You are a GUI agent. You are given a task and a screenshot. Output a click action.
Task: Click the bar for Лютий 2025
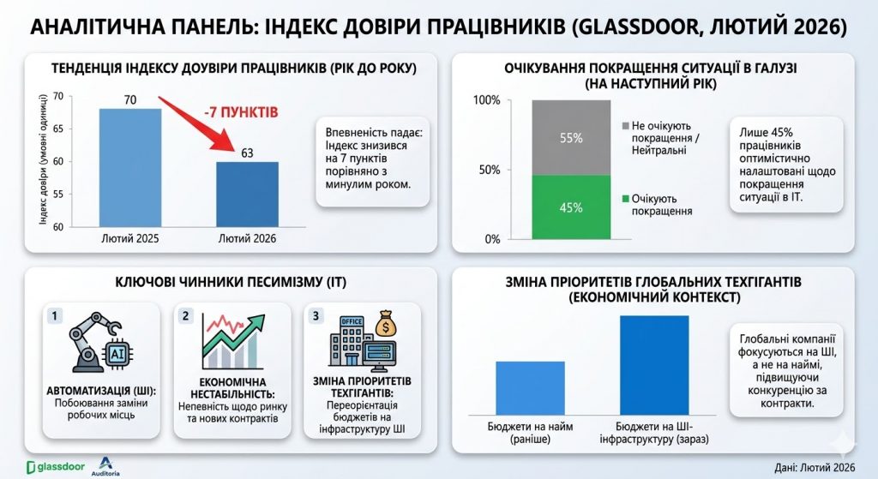click(x=130, y=168)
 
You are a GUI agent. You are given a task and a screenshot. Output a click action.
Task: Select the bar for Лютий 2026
click(x=248, y=195)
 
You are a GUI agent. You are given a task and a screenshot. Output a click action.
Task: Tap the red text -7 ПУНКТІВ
click(x=241, y=112)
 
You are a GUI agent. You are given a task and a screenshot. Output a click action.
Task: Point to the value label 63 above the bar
click(x=247, y=153)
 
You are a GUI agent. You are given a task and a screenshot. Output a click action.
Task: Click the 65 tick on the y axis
click(x=58, y=129)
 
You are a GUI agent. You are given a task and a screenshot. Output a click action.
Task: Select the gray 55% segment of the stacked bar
click(x=571, y=138)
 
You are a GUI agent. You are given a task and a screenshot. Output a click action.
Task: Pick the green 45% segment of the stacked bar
click(x=571, y=207)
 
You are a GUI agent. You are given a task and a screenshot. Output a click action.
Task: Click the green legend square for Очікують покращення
click(x=625, y=199)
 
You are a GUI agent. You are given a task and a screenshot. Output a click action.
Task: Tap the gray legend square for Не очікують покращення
click(x=625, y=126)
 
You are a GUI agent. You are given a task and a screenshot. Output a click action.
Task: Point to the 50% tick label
click(x=490, y=171)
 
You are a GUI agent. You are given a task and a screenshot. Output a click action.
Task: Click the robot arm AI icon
click(x=101, y=342)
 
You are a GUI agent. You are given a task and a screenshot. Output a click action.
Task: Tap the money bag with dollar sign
click(x=387, y=324)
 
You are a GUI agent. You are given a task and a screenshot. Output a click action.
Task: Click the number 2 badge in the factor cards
click(x=185, y=316)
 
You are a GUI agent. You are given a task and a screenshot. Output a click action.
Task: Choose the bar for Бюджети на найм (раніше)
click(x=530, y=388)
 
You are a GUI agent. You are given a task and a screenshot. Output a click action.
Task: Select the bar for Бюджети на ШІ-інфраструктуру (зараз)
click(x=654, y=365)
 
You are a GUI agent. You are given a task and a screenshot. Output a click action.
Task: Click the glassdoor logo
click(x=56, y=467)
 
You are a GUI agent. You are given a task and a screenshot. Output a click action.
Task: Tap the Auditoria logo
click(x=105, y=466)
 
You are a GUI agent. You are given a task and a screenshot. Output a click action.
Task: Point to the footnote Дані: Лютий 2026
click(x=815, y=467)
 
